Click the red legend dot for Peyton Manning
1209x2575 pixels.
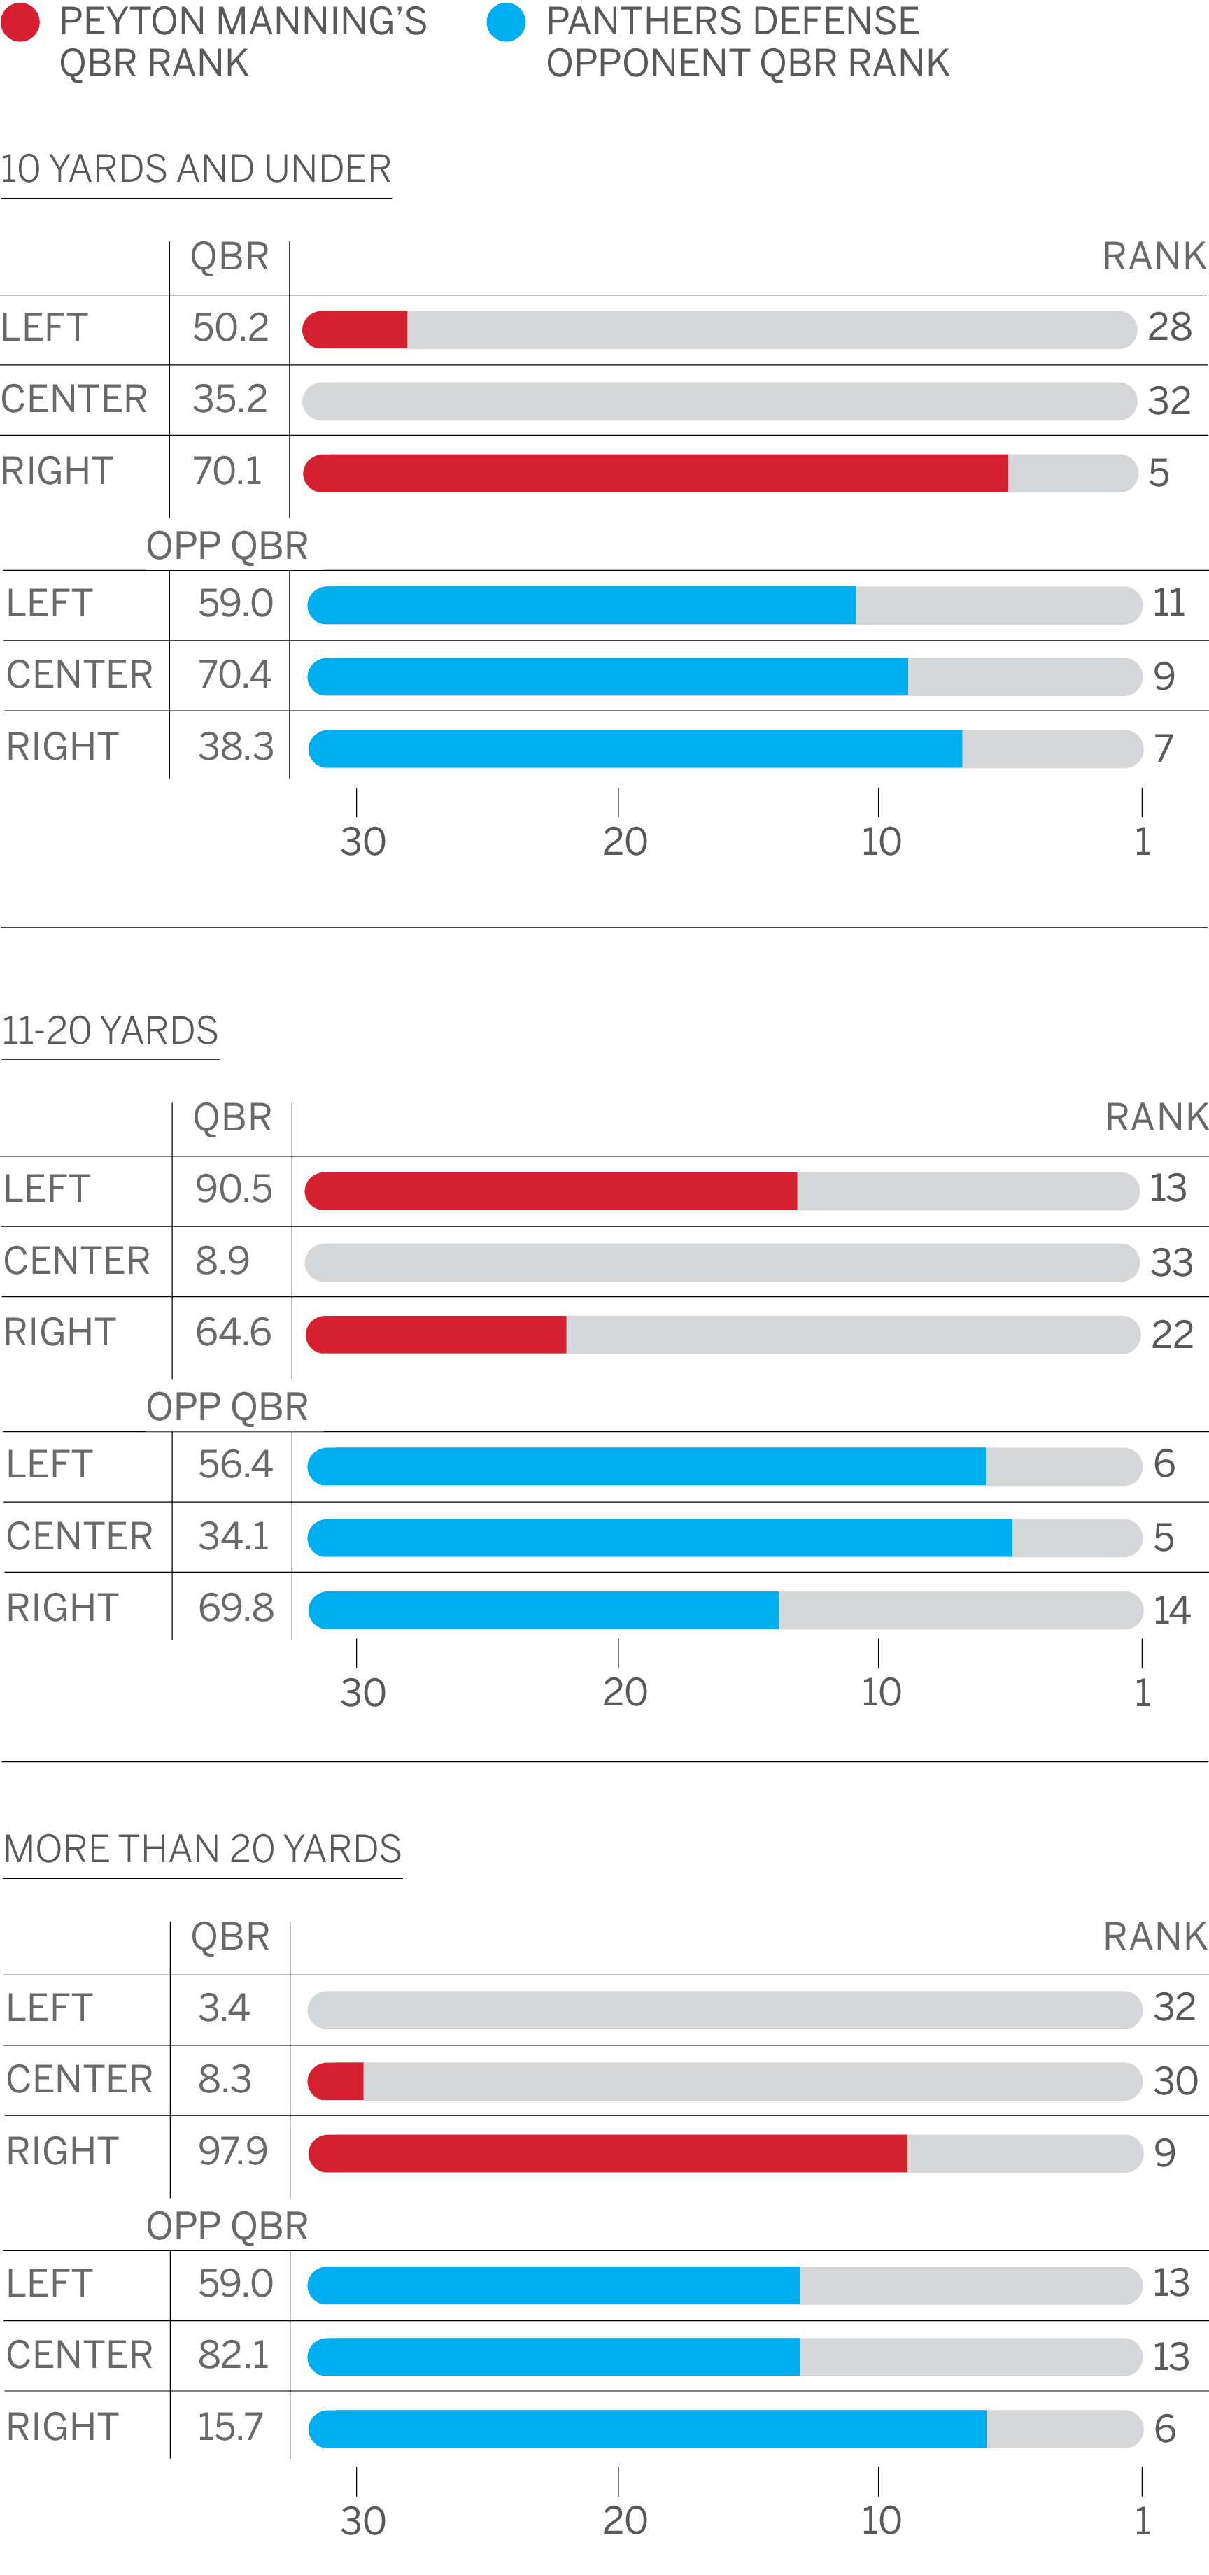coord(20,22)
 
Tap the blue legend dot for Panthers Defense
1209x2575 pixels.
coord(506,22)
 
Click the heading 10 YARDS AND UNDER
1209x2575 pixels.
coord(196,169)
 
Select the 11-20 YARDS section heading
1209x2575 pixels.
coord(110,1030)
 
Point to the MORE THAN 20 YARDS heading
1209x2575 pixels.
coord(202,1850)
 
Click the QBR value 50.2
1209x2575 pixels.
coord(230,328)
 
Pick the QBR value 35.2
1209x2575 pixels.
coord(230,399)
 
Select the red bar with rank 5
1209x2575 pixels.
coord(655,473)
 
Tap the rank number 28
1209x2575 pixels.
coord(1170,327)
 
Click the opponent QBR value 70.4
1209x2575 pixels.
coord(235,675)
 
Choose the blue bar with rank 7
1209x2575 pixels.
coord(635,749)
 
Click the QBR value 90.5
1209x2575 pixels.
coord(234,1189)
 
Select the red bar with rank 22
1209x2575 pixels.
coord(436,1335)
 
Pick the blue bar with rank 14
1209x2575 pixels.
coord(543,1610)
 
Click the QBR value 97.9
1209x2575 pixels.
coord(233,2151)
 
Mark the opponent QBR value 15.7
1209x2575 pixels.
coord(230,2427)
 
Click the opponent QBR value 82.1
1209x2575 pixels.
coord(234,2355)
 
